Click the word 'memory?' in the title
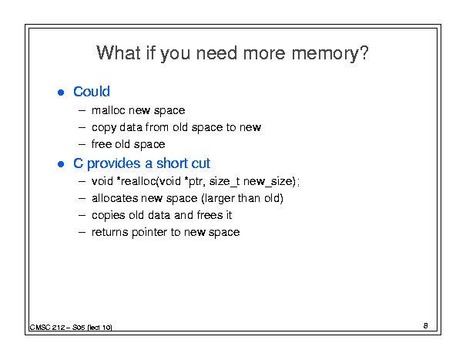(330, 54)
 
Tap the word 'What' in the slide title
(119, 52)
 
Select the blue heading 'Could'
(92, 91)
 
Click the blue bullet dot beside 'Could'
(61, 93)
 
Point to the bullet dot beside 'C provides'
(61, 164)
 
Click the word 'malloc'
(108, 110)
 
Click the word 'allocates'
(115, 198)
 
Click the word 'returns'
(110, 232)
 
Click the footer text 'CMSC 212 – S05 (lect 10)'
(71, 328)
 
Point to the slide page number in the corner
(426, 326)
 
